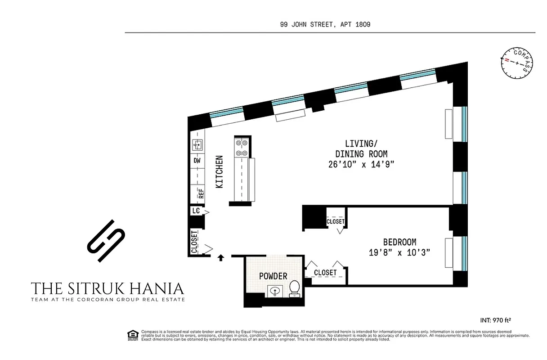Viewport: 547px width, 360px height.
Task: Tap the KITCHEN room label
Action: click(x=219, y=171)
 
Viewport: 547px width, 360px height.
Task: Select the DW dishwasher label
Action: click(x=197, y=161)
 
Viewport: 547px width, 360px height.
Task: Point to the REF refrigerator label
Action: click(x=201, y=193)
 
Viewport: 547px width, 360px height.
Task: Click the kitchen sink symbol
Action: click(x=197, y=145)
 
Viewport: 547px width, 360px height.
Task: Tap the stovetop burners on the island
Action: click(x=242, y=148)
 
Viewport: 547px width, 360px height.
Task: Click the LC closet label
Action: click(x=196, y=211)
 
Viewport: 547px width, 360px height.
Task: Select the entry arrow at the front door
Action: click(x=220, y=258)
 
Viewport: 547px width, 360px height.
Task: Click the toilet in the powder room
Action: click(x=295, y=288)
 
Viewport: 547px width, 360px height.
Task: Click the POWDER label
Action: click(x=273, y=276)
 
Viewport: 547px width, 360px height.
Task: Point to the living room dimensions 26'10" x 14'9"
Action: click(x=361, y=164)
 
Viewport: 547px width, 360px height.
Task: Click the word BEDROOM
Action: click(x=399, y=242)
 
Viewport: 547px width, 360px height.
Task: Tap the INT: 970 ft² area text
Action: click(x=495, y=320)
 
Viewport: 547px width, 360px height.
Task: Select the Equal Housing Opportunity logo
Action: click(x=132, y=334)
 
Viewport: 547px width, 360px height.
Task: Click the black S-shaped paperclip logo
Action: click(x=106, y=241)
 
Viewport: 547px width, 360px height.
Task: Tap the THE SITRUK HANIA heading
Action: click(x=108, y=288)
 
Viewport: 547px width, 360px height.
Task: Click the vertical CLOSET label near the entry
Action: click(x=194, y=242)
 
